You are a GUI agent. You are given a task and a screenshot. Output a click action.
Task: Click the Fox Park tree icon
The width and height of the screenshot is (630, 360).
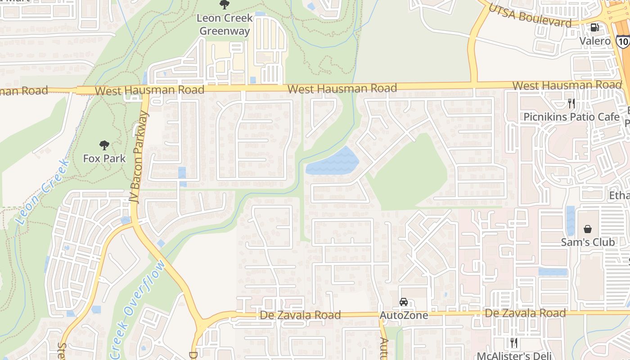[x=104, y=145]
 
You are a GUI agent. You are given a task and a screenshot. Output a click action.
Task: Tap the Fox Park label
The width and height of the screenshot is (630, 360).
[x=104, y=158]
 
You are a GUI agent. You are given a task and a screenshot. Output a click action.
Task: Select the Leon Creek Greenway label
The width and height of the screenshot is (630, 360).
[x=224, y=25]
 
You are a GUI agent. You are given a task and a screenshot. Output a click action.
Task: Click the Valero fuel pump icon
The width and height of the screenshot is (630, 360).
[x=594, y=27]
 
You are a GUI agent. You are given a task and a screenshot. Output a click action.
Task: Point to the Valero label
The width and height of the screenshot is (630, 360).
[x=594, y=41]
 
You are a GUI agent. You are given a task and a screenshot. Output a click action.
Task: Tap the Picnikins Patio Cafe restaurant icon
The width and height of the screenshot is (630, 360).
[x=571, y=103]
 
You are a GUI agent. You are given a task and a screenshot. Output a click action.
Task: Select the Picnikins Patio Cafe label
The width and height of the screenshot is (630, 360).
[x=571, y=117]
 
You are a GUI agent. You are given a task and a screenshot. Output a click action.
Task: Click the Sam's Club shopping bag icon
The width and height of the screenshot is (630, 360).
[x=587, y=229]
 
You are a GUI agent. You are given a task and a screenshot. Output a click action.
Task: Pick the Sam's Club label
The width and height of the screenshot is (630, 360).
[x=588, y=242]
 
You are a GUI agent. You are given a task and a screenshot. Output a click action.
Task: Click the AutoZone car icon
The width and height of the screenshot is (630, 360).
[x=404, y=302]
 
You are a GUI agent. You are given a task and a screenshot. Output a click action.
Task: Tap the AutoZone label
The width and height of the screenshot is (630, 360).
[x=404, y=315]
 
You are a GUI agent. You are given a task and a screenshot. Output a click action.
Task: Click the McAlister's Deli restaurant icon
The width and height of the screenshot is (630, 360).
[x=513, y=343]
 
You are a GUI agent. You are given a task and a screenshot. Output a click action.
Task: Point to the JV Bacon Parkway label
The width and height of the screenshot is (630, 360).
[x=141, y=157]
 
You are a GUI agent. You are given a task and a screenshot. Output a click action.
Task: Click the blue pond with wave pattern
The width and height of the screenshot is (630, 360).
[x=333, y=162]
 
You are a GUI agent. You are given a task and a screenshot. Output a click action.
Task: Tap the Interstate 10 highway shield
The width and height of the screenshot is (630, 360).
[x=623, y=42]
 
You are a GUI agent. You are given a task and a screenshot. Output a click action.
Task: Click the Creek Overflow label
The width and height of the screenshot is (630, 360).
[x=137, y=310]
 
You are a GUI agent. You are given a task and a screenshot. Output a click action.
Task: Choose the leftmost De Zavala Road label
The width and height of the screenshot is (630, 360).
[x=300, y=315]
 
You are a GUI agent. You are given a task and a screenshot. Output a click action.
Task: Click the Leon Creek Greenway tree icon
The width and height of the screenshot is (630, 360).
[x=224, y=5]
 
